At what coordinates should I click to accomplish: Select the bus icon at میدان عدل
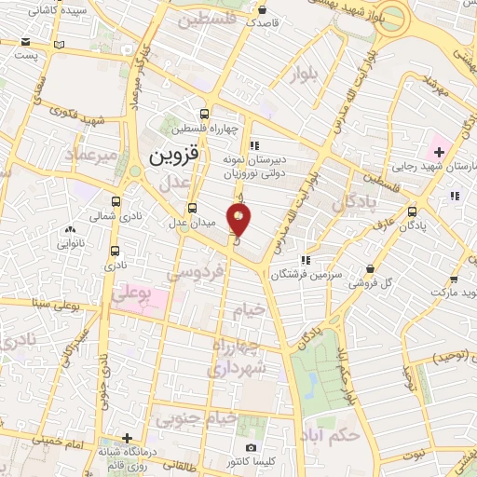click(193, 208)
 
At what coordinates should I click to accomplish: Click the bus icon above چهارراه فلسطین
click(204, 115)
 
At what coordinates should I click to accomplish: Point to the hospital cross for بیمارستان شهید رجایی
click(439, 151)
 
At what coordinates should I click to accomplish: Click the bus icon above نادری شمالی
click(116, 201)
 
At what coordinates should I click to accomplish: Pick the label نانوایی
click(69, 243)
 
